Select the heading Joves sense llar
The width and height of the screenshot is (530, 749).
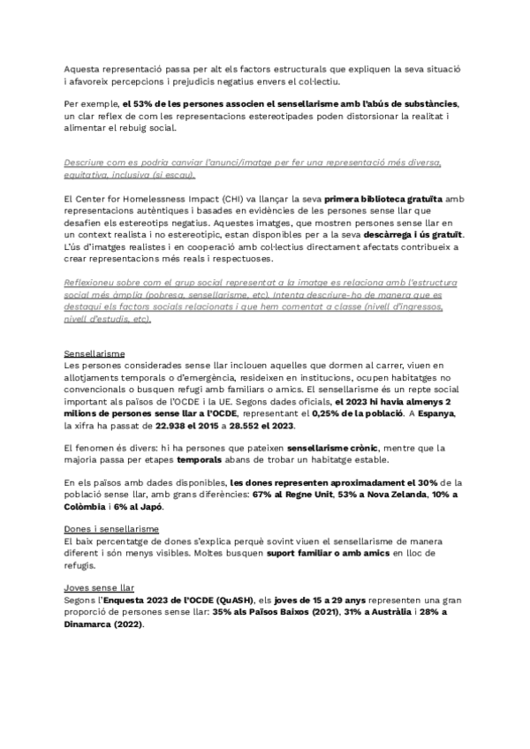(x=87, y=586)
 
